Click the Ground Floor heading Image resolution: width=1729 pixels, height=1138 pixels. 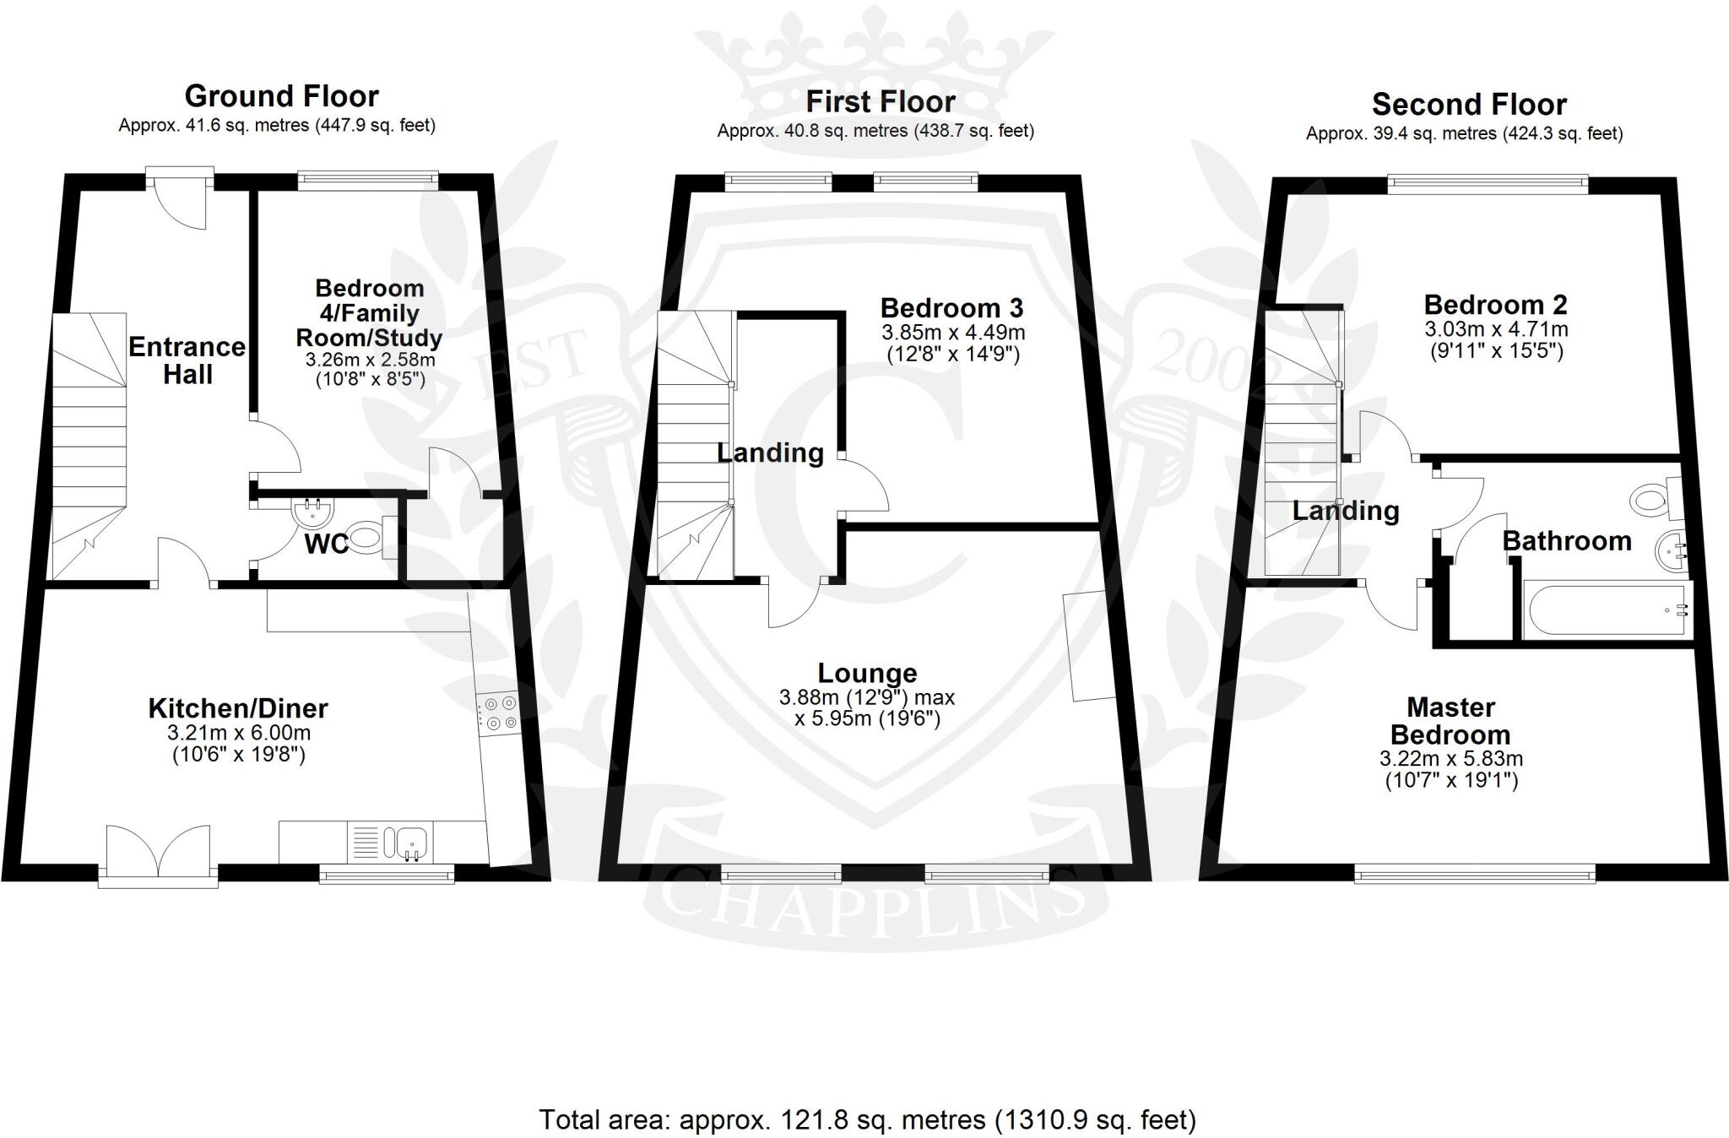click(281, 96)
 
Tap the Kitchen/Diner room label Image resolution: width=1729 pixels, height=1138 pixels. click(238, 708)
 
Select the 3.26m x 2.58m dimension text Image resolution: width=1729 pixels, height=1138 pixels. click(370, 360)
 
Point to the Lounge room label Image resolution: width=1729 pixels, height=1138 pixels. click(867, 673)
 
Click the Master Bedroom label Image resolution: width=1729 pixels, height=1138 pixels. click(1451, 720)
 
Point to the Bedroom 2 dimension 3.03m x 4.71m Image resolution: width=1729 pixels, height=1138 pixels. click(1495, 328)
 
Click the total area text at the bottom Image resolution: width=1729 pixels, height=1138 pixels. click(867, 1119)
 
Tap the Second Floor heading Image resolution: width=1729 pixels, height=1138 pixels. click(1469, 105)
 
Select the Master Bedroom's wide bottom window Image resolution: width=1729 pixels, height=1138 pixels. click(1475, 875)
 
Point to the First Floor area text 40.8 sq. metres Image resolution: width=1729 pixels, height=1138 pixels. click(875, 131)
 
